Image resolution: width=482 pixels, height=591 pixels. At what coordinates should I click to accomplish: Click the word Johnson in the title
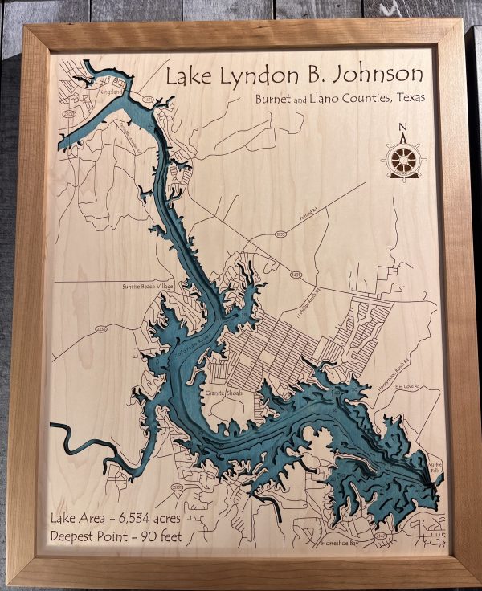click(x=379, y=75)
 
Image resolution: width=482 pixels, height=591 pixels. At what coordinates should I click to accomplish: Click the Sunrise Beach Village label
click(x=148, y=286)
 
